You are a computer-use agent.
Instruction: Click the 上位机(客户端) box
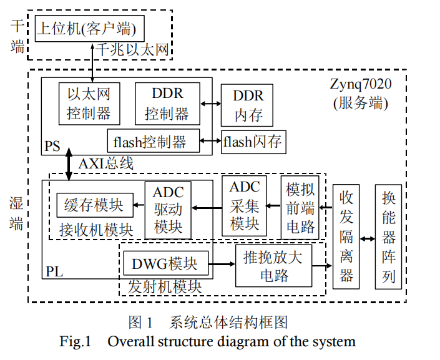[x=89, y=29]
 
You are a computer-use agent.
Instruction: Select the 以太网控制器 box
[x=89, y=104]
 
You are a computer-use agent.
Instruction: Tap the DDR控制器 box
[x=167, y=104]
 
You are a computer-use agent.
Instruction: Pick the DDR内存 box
[x=248, y=105]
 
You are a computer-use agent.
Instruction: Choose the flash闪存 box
[x=252, y=142]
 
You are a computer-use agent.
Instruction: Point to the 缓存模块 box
[x=94, y=205]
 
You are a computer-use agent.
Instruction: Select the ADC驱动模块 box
[x=168, y=210]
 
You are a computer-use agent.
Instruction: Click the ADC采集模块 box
[x=245, y=205]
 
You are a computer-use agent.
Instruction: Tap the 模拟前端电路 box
[x=300, y=207]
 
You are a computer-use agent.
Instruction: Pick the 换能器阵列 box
[x=389, y=236]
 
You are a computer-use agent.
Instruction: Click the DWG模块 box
[x=164, y=264]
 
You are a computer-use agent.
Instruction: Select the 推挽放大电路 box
[x=272, y=265]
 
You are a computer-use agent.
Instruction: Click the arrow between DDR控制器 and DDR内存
[x=210, y=104]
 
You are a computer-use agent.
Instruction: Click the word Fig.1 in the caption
[x=76, y=342]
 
